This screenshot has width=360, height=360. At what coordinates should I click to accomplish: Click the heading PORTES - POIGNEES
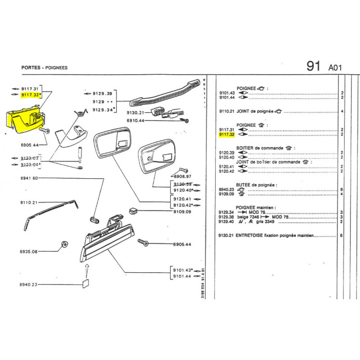(44, 67)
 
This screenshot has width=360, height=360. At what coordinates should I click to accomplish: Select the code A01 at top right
(336, 68)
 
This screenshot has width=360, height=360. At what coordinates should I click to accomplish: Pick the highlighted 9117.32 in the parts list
(227, 134)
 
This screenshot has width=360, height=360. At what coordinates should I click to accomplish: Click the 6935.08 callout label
(29, 251)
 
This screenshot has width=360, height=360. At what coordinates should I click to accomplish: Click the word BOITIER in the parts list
(247, 148)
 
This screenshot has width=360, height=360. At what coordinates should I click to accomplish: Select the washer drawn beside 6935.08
(63, 245)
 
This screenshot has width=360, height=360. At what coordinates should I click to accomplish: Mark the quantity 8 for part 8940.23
(342, 189)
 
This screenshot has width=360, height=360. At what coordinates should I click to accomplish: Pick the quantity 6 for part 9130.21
(342, 235)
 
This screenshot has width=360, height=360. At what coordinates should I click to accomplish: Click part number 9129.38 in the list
(227, 217)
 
